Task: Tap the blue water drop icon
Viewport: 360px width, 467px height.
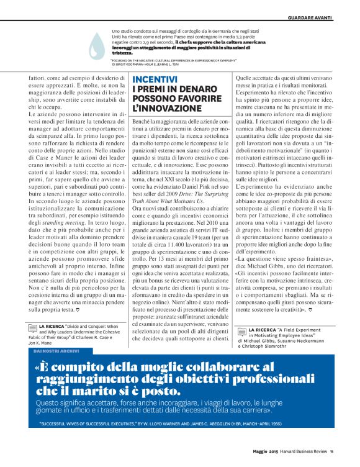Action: [97, 45]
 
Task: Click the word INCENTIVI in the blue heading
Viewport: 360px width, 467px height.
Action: [155, 79]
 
